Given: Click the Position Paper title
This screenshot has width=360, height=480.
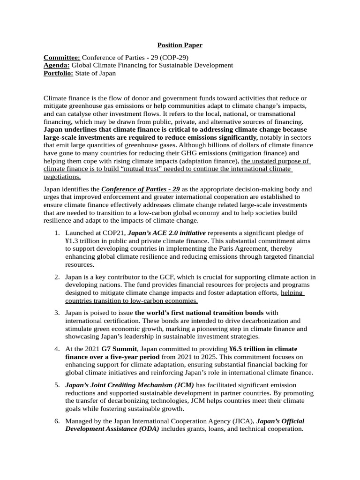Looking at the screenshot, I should pos(180,45).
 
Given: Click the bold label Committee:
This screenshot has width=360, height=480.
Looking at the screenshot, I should pos(62,57).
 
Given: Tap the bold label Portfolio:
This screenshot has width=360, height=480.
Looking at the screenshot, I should pos(58,73).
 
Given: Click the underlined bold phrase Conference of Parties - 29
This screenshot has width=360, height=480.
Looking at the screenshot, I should pos(141,189).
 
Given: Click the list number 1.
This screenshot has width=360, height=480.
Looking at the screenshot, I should pos(56,233).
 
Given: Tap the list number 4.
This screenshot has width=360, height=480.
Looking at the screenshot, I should pos(56,349).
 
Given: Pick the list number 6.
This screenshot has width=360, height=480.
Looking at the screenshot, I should pos(56,421).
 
